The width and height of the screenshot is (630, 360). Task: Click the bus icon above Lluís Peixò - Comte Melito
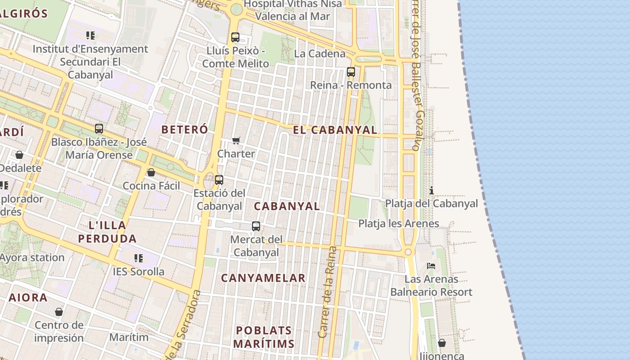235,37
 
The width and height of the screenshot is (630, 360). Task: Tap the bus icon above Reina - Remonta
351,72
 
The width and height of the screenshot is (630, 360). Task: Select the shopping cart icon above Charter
236,140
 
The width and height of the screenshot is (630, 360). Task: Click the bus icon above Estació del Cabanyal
219,180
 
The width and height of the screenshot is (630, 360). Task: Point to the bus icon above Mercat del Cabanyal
256,226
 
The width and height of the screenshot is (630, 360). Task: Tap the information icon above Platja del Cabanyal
432,190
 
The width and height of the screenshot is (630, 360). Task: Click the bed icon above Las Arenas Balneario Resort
431,266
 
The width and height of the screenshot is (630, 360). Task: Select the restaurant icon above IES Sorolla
139,258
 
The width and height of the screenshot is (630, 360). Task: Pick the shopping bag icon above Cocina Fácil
151,172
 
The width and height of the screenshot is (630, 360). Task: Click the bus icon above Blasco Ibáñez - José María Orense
99,129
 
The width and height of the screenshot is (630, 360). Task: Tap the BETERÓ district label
184,130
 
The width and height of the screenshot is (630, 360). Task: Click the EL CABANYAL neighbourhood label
335,130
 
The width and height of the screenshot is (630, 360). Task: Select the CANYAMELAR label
263,278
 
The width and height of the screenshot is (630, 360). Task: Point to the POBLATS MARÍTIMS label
264,337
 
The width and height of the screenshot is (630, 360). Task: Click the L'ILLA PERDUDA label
107,232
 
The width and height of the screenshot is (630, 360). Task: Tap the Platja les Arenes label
399,224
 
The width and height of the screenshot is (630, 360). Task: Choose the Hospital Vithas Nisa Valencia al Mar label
292,10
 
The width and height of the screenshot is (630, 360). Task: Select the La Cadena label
320,54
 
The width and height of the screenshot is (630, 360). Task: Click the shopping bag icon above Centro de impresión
59,312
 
